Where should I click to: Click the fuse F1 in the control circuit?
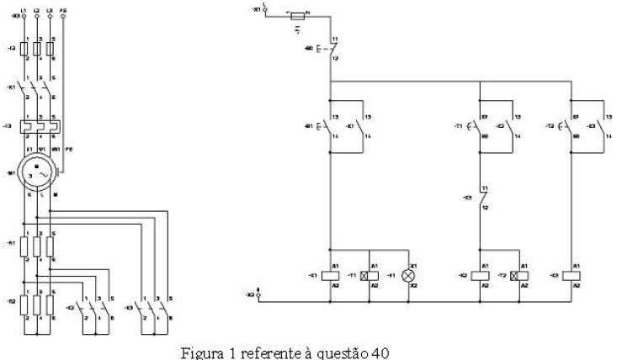(x=297, y=15)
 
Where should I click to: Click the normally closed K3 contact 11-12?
(x=480, y=199)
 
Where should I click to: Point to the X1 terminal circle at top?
(x=265, y=8)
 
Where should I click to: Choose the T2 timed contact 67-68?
(x=570, y=127)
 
